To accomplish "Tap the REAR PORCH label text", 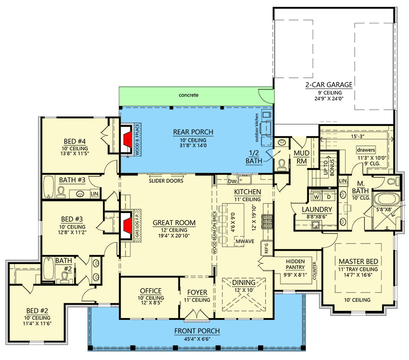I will (x=193, y=132).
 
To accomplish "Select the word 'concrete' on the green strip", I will (x=189, y=95).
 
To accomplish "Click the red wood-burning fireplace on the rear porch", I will (x=128, y=138).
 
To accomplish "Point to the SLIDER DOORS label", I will (x=166, y=181).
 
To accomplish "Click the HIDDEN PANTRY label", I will (x=295, y=264).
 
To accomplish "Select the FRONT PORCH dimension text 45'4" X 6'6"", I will (x=198, y=339).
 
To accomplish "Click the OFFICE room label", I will (x=151, y=291).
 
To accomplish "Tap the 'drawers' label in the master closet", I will (x=366, y=149).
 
